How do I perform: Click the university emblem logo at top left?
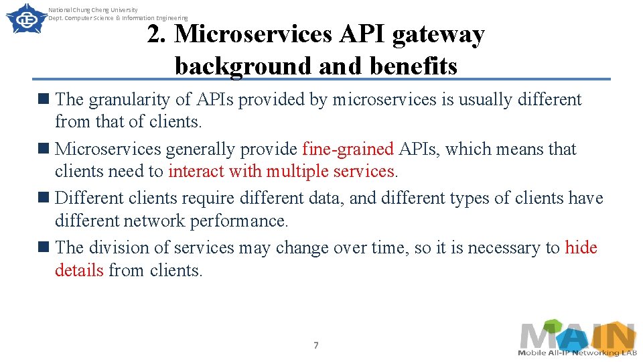[x=23, y=18]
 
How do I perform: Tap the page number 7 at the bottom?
[x=316, y=345]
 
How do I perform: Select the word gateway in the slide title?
[x=438, y=34]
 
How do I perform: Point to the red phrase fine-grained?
[x=348, y=149]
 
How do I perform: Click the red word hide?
[x=581, y=247]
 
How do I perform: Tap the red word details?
[x=79, y=270]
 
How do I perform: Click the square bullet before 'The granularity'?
[x=45, y=99]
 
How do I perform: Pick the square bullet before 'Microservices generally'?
[x=45, y=148]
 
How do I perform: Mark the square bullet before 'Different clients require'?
[x=45, y=198]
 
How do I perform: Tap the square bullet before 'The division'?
[x=45, y=247]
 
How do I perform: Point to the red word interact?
[x=196, y=171]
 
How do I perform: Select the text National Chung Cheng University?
[x=93, y=10]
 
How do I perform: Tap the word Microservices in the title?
[x=253, y=34]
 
